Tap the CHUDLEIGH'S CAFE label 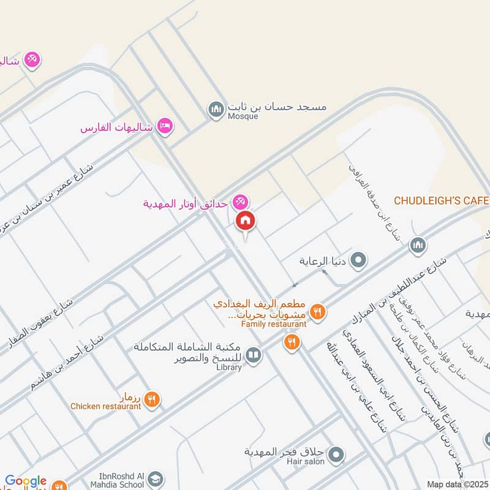click(x=441, y=201)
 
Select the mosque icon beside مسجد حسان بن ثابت click(x=216, y=110)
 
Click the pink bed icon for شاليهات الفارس click(x=165, y=127)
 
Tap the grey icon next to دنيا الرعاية click(x=360, y=260)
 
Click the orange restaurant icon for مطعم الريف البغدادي click(x=317, y=312)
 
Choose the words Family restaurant click(x=273, y=323)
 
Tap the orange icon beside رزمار click(x=153, y=399)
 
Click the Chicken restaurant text click(x=105, y=406)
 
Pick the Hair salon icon click(x=336, y=455)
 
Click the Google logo click(x=26, y=481)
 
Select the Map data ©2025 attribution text click(x=458, y=484)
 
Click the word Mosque click(x=243, y=116)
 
